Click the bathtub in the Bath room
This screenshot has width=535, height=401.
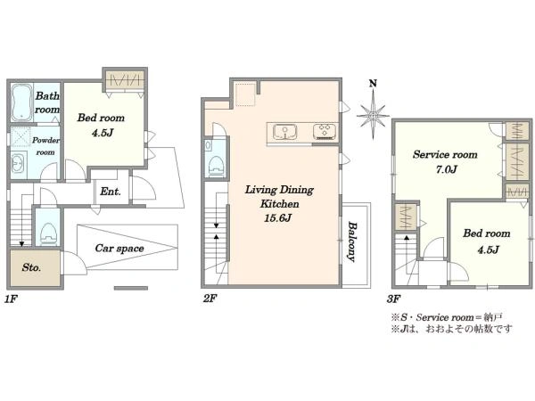[x=22, y=102]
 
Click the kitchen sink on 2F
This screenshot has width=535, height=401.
[x=284, y=132]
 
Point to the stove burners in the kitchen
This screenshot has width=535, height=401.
[x=325, y=132]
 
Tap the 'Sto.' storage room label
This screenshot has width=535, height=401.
[x=31, y=267]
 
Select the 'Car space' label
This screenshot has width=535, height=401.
[x=119, y=249]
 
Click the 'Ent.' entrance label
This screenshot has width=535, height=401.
[x=111, y=192]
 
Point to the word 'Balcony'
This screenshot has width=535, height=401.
[x=352, y=241]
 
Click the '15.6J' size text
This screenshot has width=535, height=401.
[x=277, y=218]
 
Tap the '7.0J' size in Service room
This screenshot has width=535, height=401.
[x=447, y=169]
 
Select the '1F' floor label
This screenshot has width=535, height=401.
[x=11, y=299]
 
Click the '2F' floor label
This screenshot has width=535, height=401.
[x=210, y=299]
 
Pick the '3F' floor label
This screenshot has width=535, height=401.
[x=394, y=299]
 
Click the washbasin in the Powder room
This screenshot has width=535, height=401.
[x=18, y=165]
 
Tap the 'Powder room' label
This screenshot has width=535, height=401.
[x=45, y=146]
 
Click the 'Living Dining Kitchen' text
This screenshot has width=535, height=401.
[x=279, y=196]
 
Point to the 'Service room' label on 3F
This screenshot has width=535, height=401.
[x=445, y=154]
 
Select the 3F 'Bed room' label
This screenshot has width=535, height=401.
[x=487, y=233]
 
